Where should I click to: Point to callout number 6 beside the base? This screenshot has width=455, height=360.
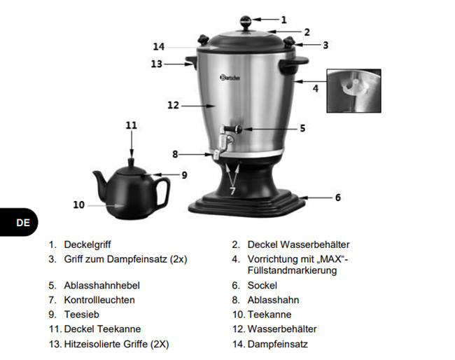point(337,198)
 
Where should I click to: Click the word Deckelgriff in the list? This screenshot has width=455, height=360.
point(89,245)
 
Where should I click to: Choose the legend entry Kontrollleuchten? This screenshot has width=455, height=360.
point(99,300)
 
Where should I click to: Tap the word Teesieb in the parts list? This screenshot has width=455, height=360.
point(80,314)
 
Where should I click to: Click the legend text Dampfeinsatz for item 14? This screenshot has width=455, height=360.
point(277,344)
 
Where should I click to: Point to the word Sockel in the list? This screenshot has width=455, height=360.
point(262,285)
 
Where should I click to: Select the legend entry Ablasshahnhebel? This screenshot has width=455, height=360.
point(102,285)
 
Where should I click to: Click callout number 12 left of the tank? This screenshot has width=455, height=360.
point(174,106)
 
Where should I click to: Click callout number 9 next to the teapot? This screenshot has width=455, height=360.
point(184,174)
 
